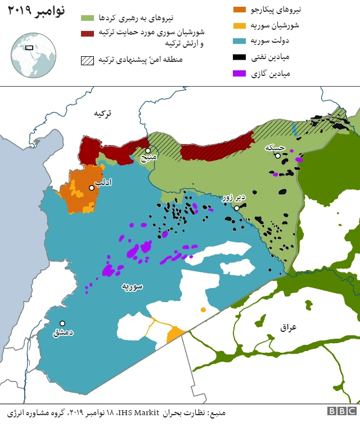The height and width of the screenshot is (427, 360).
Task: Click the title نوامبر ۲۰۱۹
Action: pos(36,11)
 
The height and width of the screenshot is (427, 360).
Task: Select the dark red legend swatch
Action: pos(87,34)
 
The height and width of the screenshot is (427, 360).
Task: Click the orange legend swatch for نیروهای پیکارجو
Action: pos(240,10)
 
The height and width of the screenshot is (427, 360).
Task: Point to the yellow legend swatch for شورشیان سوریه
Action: pos(240,25)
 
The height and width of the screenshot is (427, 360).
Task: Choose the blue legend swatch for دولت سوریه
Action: pos(240,41)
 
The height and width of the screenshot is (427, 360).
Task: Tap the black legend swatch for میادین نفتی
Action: pos(240,57)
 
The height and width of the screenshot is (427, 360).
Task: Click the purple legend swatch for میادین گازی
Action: pos(240,73)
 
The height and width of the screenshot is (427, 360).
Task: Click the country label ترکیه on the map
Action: pos(102,113)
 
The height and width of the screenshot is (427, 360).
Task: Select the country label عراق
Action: pos(288,327)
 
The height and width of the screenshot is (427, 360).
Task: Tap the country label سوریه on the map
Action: pos(132,286)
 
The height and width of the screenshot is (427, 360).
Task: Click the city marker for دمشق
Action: pos(62,323)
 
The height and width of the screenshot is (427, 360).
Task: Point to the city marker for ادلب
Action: pos(91,188)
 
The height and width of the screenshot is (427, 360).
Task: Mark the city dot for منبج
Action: pos(147,151)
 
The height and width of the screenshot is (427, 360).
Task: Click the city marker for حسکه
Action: pos(278,156)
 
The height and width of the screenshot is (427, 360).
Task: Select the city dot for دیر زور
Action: pos(237,208)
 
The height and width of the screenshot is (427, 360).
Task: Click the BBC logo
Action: pos(341,411)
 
